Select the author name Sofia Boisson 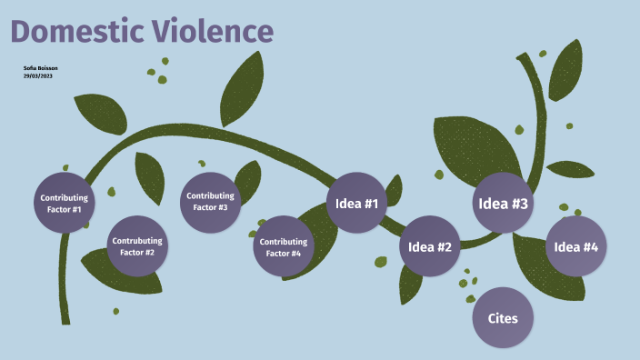pyautogui.click(x=40, y=68)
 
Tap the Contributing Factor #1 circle pyautogui.click(x=64, y=203)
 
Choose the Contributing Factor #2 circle pyautogui.click(x=137, y=246)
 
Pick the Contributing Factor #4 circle pyautogui.click(x=282, y=246)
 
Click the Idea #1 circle pyautogui.click(x=356, y=202)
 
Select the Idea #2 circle pyautogui.click(x=430, y=246)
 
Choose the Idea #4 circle pyautogui.click(x=576, y=246)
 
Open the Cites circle pyautogui.click(x=503, y=318)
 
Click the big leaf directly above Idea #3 pyautogui.click(x=473, y=145)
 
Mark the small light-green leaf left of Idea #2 pyautogui.click(x=381, y=262)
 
